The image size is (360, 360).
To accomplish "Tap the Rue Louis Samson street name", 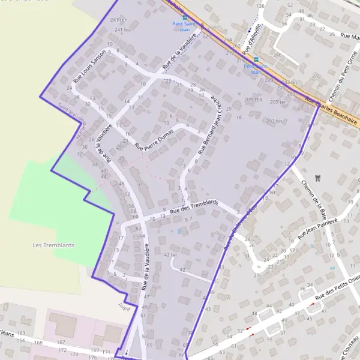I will tap(89, 65).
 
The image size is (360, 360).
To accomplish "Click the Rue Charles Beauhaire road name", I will tap(332, 111).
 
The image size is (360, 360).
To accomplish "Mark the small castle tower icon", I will tap(319, 178).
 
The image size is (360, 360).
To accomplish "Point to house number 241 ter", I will tap(119, 20).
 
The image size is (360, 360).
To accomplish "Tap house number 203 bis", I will tap(274, 121).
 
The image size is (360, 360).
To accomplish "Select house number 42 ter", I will tap(171, 254).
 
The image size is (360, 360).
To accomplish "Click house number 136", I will tap(260, 5).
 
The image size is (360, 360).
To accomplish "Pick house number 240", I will tap(316, 76).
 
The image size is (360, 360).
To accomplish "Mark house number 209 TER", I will tap(254, 100).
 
